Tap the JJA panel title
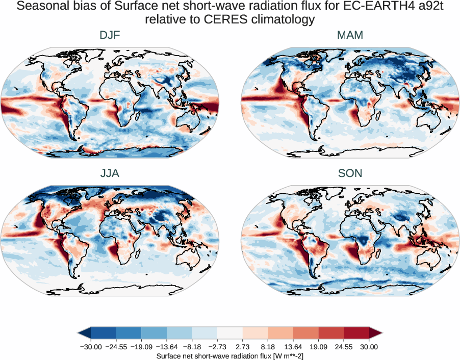110,173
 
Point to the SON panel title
350,173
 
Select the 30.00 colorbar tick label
369,347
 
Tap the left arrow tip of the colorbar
79,333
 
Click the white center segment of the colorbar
230,333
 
